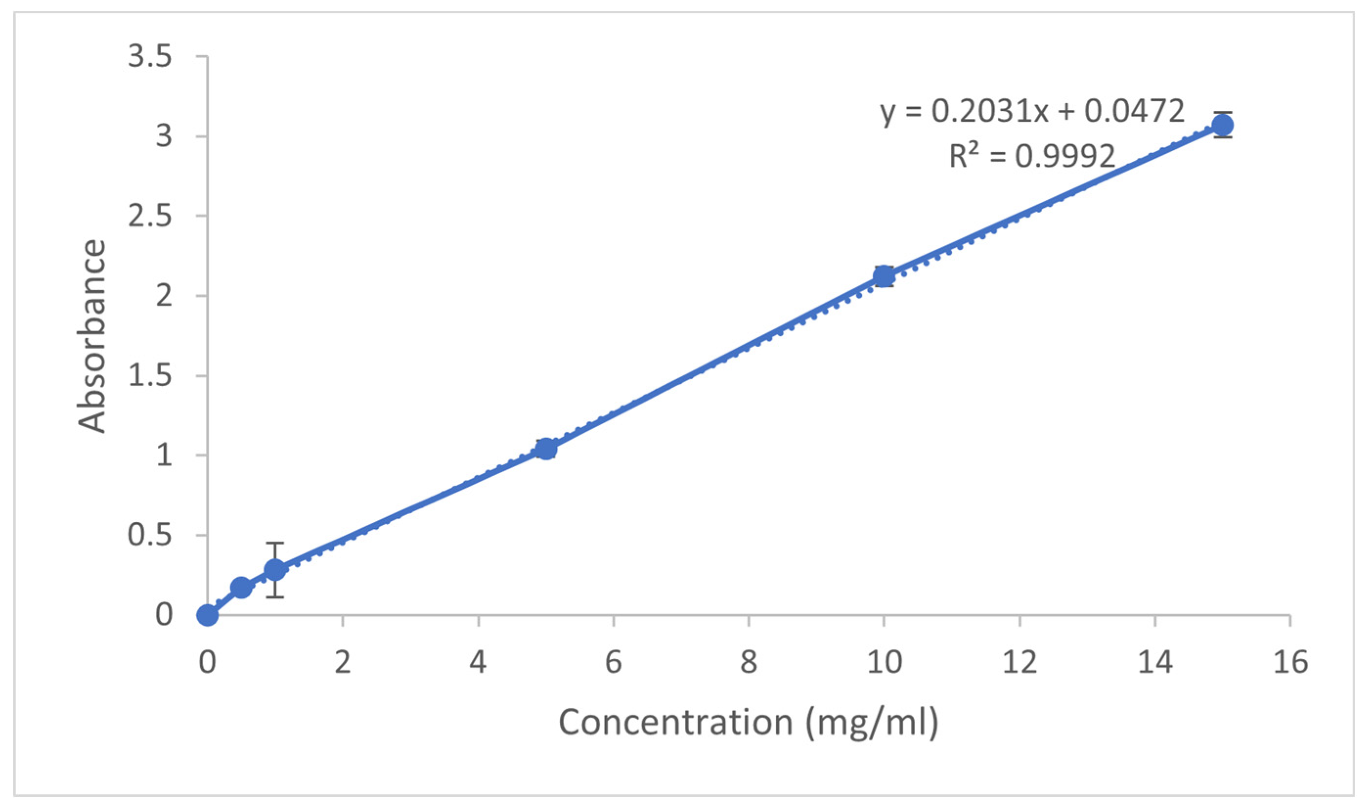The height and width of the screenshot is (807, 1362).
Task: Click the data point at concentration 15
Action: coord(1223,125)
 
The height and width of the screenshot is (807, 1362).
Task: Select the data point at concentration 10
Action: coord(884,276)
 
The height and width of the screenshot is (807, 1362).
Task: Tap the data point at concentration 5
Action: coord(546,449)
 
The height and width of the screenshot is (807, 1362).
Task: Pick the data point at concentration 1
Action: coord(275,570)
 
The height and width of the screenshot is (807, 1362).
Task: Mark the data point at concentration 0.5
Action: coord(242,588)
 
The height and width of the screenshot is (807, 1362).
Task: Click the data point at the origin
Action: coord(207,615)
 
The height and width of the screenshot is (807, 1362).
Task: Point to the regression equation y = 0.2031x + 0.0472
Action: coord(1032,111)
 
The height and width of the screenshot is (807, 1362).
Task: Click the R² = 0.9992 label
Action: coord(1032,156)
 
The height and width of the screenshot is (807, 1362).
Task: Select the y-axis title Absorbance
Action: coord(91,336)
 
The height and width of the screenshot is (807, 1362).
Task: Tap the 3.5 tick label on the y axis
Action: coord(150,57)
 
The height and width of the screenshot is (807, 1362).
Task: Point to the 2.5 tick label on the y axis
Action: coord(150,216)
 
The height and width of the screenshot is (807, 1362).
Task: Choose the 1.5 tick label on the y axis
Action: coord(150,376)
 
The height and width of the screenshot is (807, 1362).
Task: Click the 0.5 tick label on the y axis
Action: coord(150,535)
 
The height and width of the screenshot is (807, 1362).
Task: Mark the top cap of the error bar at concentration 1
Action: coord(275,543)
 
